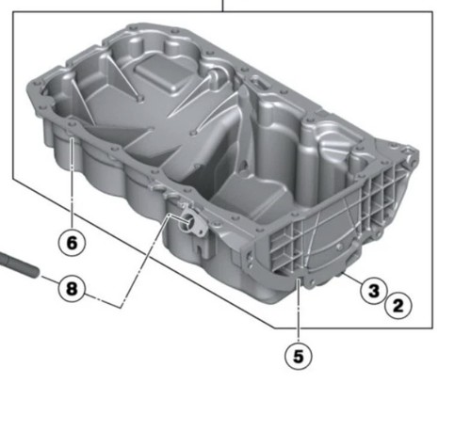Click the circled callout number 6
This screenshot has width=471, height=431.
pyautogui.click(x=72, y=243)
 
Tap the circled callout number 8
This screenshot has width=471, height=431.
pyautogui.click(x=72, y=288)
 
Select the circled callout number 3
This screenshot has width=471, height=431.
pyautogui.click(x=374, y=291)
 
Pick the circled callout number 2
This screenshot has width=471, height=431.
pyautogui.click(x=398, y=305)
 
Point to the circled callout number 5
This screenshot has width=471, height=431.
pyautogui.click(x=299, y=356)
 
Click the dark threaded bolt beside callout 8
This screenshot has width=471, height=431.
pyautogui.click(x=19, y=265)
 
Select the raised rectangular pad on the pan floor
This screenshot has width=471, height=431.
pyautogui.click(x=162, y=72)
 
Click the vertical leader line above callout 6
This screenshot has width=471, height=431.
pyautogui.click(x=72, y=184)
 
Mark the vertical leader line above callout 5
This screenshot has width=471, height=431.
pyautogui.click(x=299, y=311)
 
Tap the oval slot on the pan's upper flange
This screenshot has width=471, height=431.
pyautogui.click(x=260, y=84)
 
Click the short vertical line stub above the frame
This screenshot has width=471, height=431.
pyautogui.click(x=222, y=6)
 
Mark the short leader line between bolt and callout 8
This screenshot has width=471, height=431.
pyautogui.click(x=50, y=280)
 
